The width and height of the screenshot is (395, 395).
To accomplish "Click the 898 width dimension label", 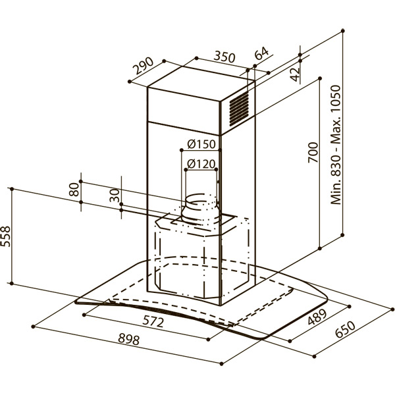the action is tap(128, 339).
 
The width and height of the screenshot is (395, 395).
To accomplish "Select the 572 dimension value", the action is tap(153, 322).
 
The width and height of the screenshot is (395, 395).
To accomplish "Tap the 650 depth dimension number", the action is tap(345, 329).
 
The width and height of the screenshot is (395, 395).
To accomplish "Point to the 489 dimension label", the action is tap(317, 317).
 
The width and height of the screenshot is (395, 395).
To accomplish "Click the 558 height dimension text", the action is tap(5, 236).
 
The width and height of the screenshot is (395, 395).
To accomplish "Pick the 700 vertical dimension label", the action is tap(313, 153).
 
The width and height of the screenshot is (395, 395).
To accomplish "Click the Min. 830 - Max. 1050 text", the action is tap(336, 145).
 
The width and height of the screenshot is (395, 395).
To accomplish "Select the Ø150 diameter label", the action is tap(201, 144).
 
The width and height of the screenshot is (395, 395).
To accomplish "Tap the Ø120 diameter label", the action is tap(201, 164).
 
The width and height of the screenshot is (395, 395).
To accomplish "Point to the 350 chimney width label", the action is tap(224, 57).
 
